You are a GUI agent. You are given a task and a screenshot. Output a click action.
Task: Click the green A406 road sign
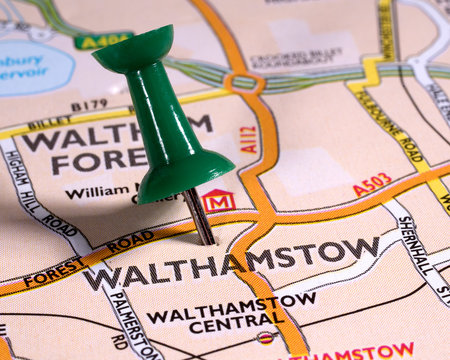coord(103,41)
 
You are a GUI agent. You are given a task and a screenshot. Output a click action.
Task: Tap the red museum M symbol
coord(218,201)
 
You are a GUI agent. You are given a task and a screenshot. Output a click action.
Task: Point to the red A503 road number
coord(371,184)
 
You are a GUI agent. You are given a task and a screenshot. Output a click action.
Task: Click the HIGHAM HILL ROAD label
coord(39,195)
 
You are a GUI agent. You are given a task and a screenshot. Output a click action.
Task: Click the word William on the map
coord(97,189)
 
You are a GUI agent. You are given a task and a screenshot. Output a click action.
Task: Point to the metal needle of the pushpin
coord(198,216)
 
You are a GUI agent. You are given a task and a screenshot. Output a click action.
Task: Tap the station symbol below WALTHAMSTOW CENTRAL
coord(265,337)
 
